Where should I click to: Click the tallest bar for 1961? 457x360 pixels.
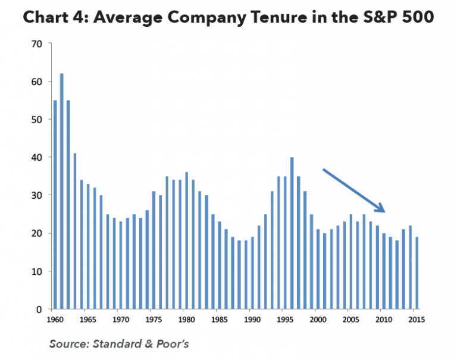(x=61, y=191)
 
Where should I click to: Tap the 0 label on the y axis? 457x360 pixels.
(x=39, y=309)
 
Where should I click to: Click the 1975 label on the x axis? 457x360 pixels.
(x=154, y=320)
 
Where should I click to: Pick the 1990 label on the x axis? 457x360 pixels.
(x=252, y=320)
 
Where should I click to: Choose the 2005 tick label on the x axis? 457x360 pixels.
(x=350, y=320)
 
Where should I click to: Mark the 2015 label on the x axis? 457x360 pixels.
(x=416, y=320)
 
